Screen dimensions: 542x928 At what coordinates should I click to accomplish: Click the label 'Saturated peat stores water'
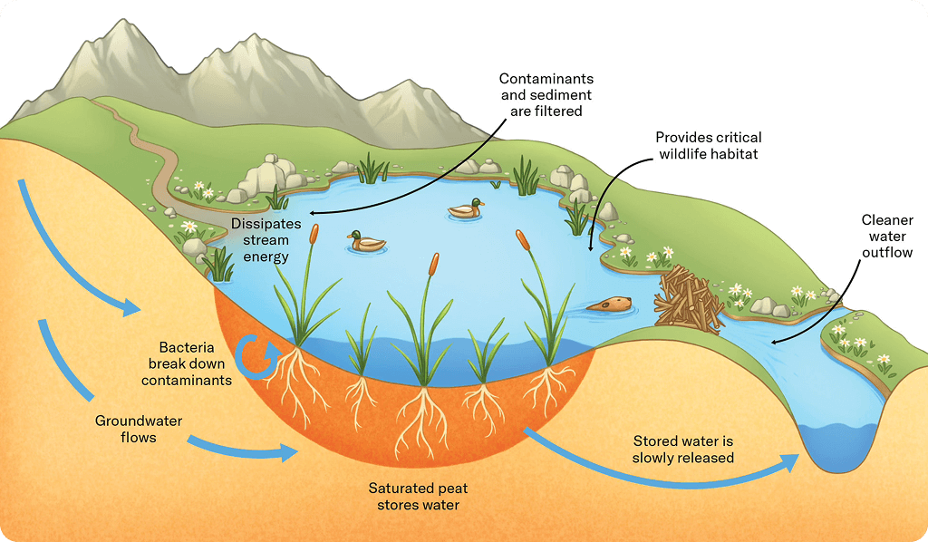pos(418,496)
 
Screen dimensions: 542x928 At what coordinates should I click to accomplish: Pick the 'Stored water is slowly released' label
pos(682,450)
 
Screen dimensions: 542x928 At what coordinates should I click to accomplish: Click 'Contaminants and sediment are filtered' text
pos(546,95)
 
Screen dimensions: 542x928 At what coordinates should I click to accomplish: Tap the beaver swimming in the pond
pos(609,305)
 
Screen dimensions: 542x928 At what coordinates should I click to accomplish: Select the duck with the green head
pos(367,241)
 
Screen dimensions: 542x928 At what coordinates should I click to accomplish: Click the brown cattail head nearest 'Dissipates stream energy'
pos(314,234)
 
